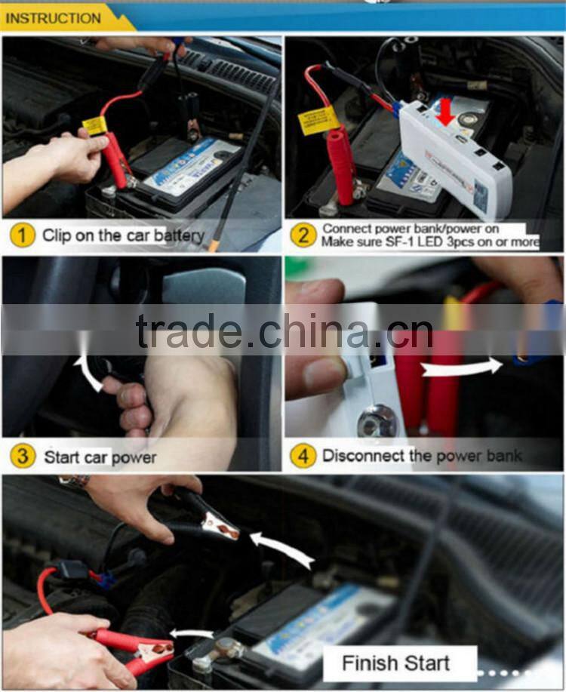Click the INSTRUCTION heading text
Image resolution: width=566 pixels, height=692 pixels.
point(53,17)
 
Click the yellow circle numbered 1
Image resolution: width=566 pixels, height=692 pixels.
point(23,235)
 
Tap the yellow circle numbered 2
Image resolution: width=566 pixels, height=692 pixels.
point(303,235)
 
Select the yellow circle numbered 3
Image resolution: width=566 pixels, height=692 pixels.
point(23,456)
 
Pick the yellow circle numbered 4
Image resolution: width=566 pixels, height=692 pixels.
point(303,455)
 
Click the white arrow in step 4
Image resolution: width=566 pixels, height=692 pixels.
point(461,368)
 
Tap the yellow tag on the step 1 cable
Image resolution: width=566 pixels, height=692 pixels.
point(94,125)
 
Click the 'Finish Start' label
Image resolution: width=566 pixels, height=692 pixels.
point(396,663)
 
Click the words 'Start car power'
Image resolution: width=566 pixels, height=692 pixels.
point(100,457)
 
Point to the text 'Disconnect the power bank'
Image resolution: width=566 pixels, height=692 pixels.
point(421,455)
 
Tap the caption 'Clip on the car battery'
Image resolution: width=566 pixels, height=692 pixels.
point(122,235)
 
